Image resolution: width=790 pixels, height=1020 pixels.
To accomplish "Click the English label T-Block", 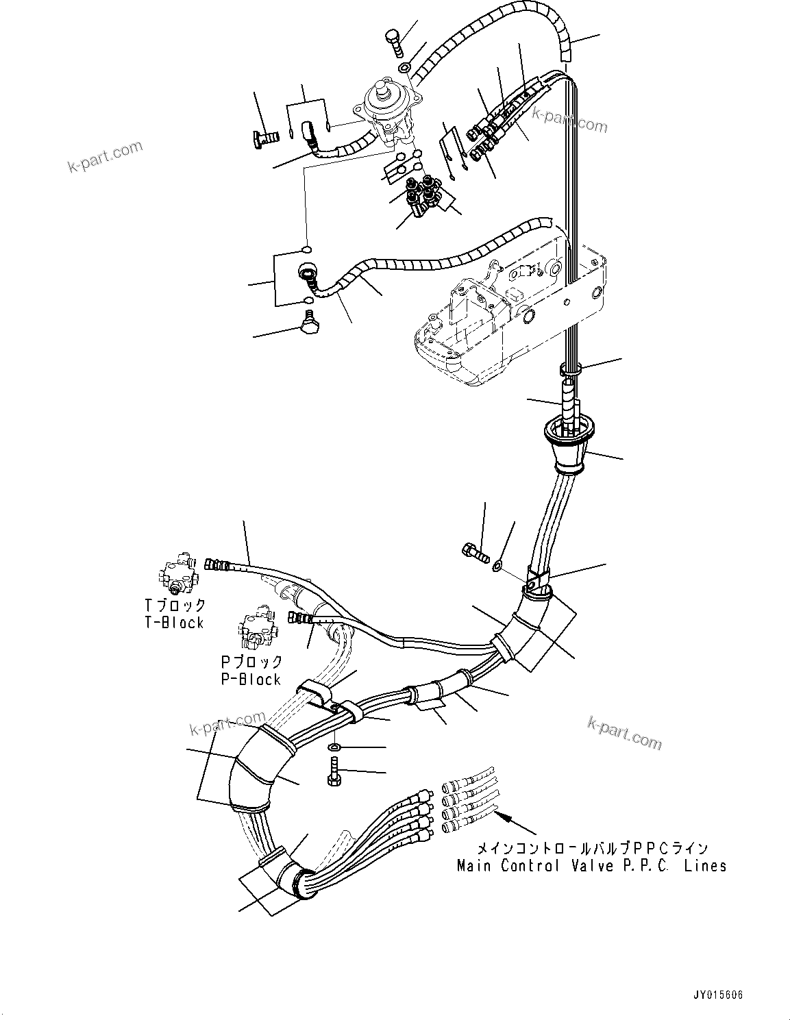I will click(x=174, y=623).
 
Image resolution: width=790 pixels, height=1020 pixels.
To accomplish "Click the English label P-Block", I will click(x=251, y=679).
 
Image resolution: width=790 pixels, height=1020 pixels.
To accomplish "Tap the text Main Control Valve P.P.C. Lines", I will click(x=591, y=865).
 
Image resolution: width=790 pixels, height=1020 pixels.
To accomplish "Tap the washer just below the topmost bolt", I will click(x=405, y=68).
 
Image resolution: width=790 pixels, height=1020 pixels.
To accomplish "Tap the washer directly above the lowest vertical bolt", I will click(x=334, y=746).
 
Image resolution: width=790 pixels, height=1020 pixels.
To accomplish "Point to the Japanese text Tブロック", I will click(x=175, y=606).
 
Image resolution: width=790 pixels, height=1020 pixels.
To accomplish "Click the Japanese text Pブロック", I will click(x=251, y=662).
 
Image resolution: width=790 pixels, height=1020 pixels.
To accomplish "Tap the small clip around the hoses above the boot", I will click(x=569, y=370).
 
